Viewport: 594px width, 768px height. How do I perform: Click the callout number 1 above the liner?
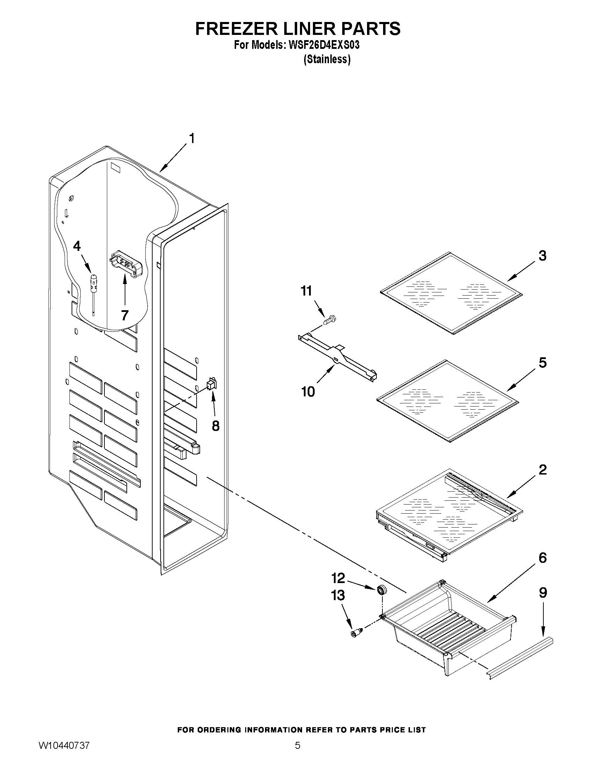coord(192,139)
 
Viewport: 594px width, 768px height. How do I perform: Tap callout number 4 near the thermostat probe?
coord(77,246)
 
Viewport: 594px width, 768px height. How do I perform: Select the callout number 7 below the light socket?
coord(125,315)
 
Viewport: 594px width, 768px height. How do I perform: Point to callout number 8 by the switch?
coord(215,426)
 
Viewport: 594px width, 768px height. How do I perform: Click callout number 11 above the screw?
coord(306,291)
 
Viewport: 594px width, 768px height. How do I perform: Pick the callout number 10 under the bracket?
coord(308,392)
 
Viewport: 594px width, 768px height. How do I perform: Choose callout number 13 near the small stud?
coord(338,596)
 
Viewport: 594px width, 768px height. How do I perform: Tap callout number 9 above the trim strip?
coord(543,593)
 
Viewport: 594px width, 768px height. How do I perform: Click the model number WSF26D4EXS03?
coord(324,45)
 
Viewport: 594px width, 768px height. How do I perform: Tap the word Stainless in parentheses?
coord(327,59)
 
